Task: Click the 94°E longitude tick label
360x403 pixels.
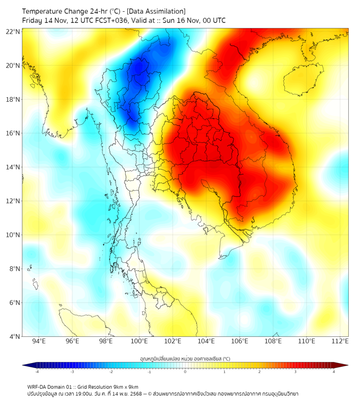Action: [x=39, y=342]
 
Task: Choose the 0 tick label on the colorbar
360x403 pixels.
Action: [x=185, y=372]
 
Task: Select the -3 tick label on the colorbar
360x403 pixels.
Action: [x=72, y=372]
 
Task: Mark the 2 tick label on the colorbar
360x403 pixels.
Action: [x=259, y=372]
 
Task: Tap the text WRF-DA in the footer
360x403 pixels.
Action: [x=38, y=386]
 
